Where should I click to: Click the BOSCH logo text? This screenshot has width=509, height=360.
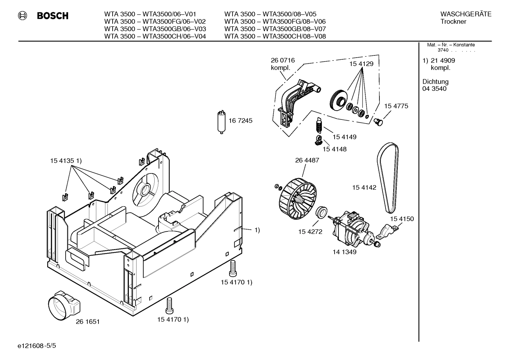point(52,16)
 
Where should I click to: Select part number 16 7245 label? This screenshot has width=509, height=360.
point(240,121)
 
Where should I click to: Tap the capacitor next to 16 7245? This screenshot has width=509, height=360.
point(221,122)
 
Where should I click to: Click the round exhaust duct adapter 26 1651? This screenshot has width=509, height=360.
point(64,306)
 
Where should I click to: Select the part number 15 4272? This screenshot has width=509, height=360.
point(310,232)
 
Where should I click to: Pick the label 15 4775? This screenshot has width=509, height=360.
point(396,106)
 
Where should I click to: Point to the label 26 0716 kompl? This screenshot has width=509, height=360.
point(283,64)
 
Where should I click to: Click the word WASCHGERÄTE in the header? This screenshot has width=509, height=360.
point(466,14)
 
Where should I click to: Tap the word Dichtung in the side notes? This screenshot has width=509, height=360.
point(435,82)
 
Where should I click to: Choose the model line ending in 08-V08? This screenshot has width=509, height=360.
point(275,36)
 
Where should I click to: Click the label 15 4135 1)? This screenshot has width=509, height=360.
point(66,161)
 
